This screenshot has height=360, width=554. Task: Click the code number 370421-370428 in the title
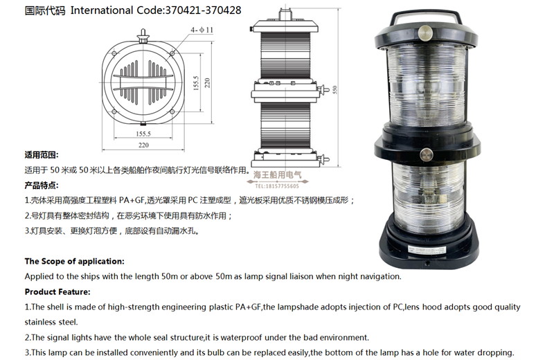point(203,10)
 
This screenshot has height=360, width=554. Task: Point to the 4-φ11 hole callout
point(202,30)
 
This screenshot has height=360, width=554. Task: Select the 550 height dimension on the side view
point(334,89)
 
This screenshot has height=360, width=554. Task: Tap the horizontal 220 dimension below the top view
point(143,145)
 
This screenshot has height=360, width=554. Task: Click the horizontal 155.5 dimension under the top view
point(143,134)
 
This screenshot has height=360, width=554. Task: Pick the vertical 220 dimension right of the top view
point(207,82)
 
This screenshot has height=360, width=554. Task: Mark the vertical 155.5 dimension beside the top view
point(196,82)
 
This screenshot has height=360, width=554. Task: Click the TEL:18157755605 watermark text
point(277,186)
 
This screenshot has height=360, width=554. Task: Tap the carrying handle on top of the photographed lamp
point(426,16)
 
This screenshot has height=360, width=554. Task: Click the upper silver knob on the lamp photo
point(425,33)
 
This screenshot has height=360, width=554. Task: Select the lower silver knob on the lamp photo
point(427,155)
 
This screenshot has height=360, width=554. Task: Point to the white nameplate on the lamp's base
point(427,249)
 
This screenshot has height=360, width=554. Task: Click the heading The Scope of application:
point(75,262)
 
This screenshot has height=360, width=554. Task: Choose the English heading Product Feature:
point(57,292)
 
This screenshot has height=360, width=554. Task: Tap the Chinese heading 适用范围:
point(42,155)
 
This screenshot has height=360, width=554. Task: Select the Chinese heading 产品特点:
point(42,185)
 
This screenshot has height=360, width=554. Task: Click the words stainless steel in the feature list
point(51,322)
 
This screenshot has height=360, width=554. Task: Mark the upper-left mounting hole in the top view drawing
point(114,54)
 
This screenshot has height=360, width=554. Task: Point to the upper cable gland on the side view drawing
point(323,90)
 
